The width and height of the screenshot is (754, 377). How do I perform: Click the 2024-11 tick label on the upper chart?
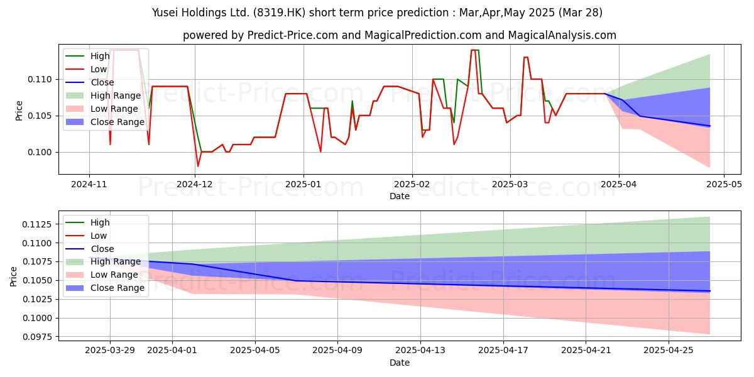(x=89, y=183)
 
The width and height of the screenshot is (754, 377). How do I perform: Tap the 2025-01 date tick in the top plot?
(x=303, y=183)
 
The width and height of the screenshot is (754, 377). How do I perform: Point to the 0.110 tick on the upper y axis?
(x=41, y=80)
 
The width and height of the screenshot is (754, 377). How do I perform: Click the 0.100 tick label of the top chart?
(x=41, y=153)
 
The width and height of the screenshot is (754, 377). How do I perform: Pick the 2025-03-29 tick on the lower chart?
(x=110, y=349)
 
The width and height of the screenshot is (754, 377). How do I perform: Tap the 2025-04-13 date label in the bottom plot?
(x=420, y=349)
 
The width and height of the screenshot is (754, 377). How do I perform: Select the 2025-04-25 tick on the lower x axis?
(x=669, y=349)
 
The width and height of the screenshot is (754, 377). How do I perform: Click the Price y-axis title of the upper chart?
(x=19, y=111)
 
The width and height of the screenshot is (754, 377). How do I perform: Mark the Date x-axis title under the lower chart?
(x=400, y=363)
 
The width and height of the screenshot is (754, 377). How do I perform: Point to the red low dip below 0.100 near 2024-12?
(x=198, y=166)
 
